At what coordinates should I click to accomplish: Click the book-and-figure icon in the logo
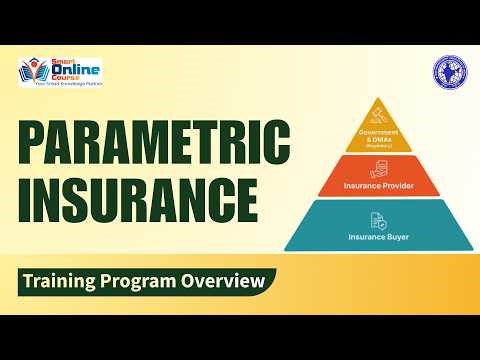click(34, 73)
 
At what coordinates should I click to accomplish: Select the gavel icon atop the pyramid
click(378, 111)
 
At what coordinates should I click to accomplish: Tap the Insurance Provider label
click(378, 185)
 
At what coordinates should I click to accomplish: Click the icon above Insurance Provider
click(378, 169)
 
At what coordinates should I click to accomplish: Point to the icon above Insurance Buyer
click(378, 219)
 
